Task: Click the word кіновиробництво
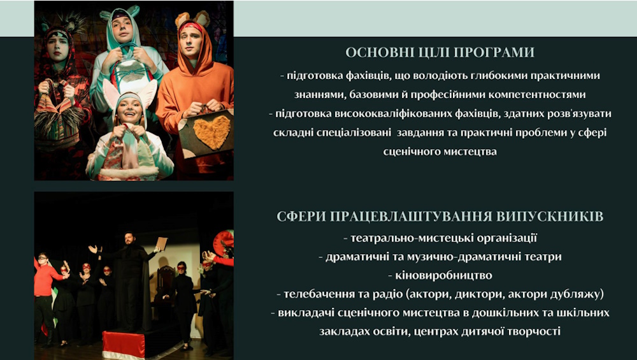(x=443, y=275)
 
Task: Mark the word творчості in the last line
(x=534, y=331)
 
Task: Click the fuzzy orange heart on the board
(x=211, y=132)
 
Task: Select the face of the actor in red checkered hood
(x=58, y=46)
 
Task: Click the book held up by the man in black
(x=162, y=243)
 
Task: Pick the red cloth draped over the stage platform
(x=124, y=345)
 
